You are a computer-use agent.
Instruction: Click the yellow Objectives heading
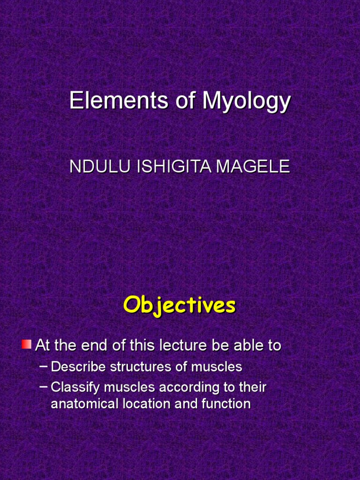pyautogui.click(x=180, y=306)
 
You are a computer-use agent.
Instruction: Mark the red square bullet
pyautogui.click(x=26, y=345)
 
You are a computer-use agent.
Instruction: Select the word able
pyautogui.click(x=249, y=346)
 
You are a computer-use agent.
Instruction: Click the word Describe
pyautogui.click(x=78, y=367)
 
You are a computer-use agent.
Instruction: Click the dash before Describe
pyautogui.click(x=44, y=366)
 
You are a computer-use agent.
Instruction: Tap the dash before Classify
pyautogui.click(x=44, y=387)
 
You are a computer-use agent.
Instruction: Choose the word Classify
pyautogui.click(x=75, y=388)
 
